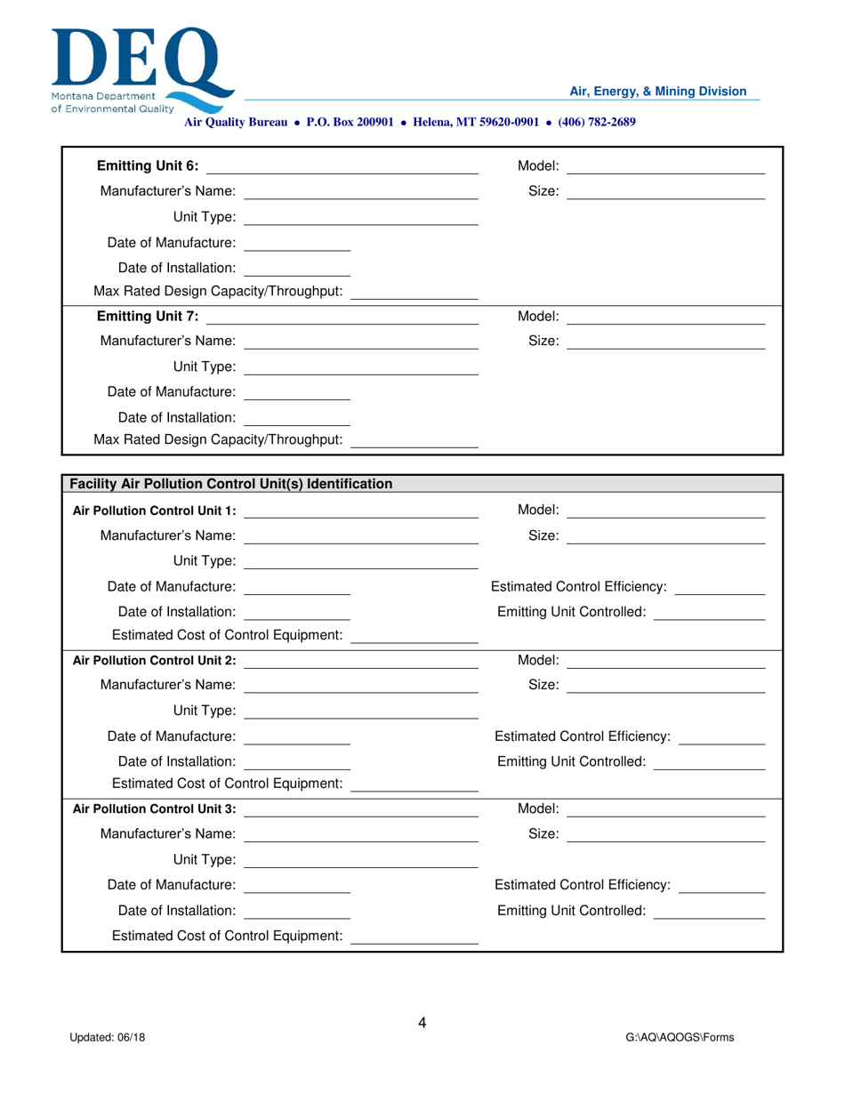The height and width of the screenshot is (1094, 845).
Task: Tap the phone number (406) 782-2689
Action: (596, 122)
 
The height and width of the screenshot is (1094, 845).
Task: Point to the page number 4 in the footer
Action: (422, 1023)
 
